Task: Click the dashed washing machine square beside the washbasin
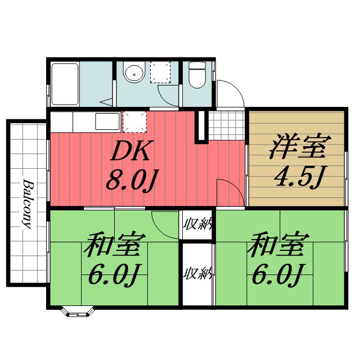(x=160, y=72)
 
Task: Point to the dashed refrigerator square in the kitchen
(x=134, y=121)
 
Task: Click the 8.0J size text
(x=131, y=179)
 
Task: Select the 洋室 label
(x=298, y=147)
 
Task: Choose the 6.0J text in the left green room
(x=114, y=276)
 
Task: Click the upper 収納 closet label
(x=197, y=224)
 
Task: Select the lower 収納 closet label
(x=197, y=274)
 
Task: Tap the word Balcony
(x=26, y=204)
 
